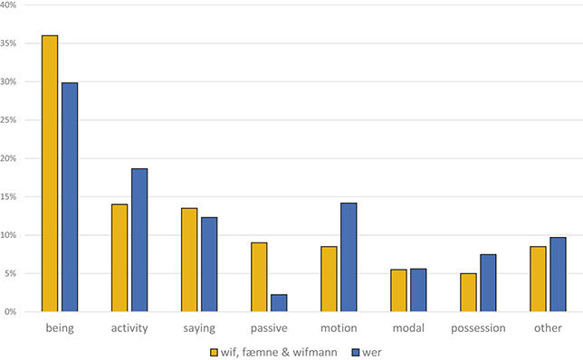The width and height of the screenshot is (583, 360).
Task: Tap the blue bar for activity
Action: [139, 240]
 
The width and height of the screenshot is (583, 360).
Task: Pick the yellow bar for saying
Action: [189, 260]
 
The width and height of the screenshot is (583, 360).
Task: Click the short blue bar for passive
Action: [279, 303]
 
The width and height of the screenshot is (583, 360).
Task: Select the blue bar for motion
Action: [349, 257]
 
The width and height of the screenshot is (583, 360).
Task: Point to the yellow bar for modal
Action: [398, 290]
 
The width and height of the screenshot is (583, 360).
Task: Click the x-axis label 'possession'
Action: [478, 327]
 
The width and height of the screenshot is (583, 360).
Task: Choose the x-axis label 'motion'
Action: [339, 327]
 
